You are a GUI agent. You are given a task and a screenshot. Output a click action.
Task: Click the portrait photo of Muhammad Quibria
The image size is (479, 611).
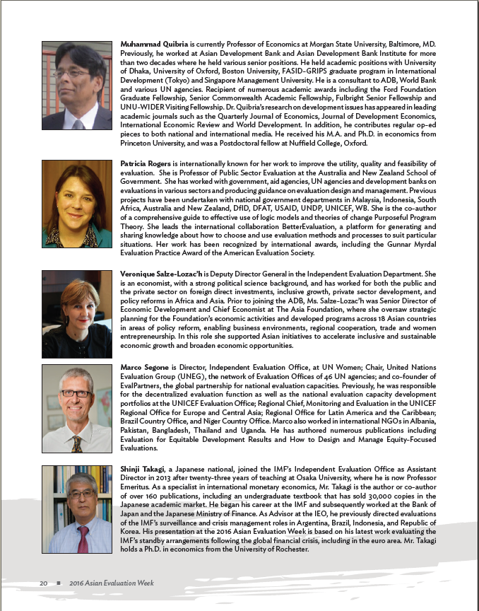click(x=76, y=85)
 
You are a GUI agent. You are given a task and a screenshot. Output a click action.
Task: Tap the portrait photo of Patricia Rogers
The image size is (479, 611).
click(x=76, y=203)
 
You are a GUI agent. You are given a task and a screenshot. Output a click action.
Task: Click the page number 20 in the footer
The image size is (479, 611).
click(x=43, y=583)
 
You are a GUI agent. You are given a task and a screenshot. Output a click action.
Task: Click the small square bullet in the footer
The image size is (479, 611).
click(x=59, y=583)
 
